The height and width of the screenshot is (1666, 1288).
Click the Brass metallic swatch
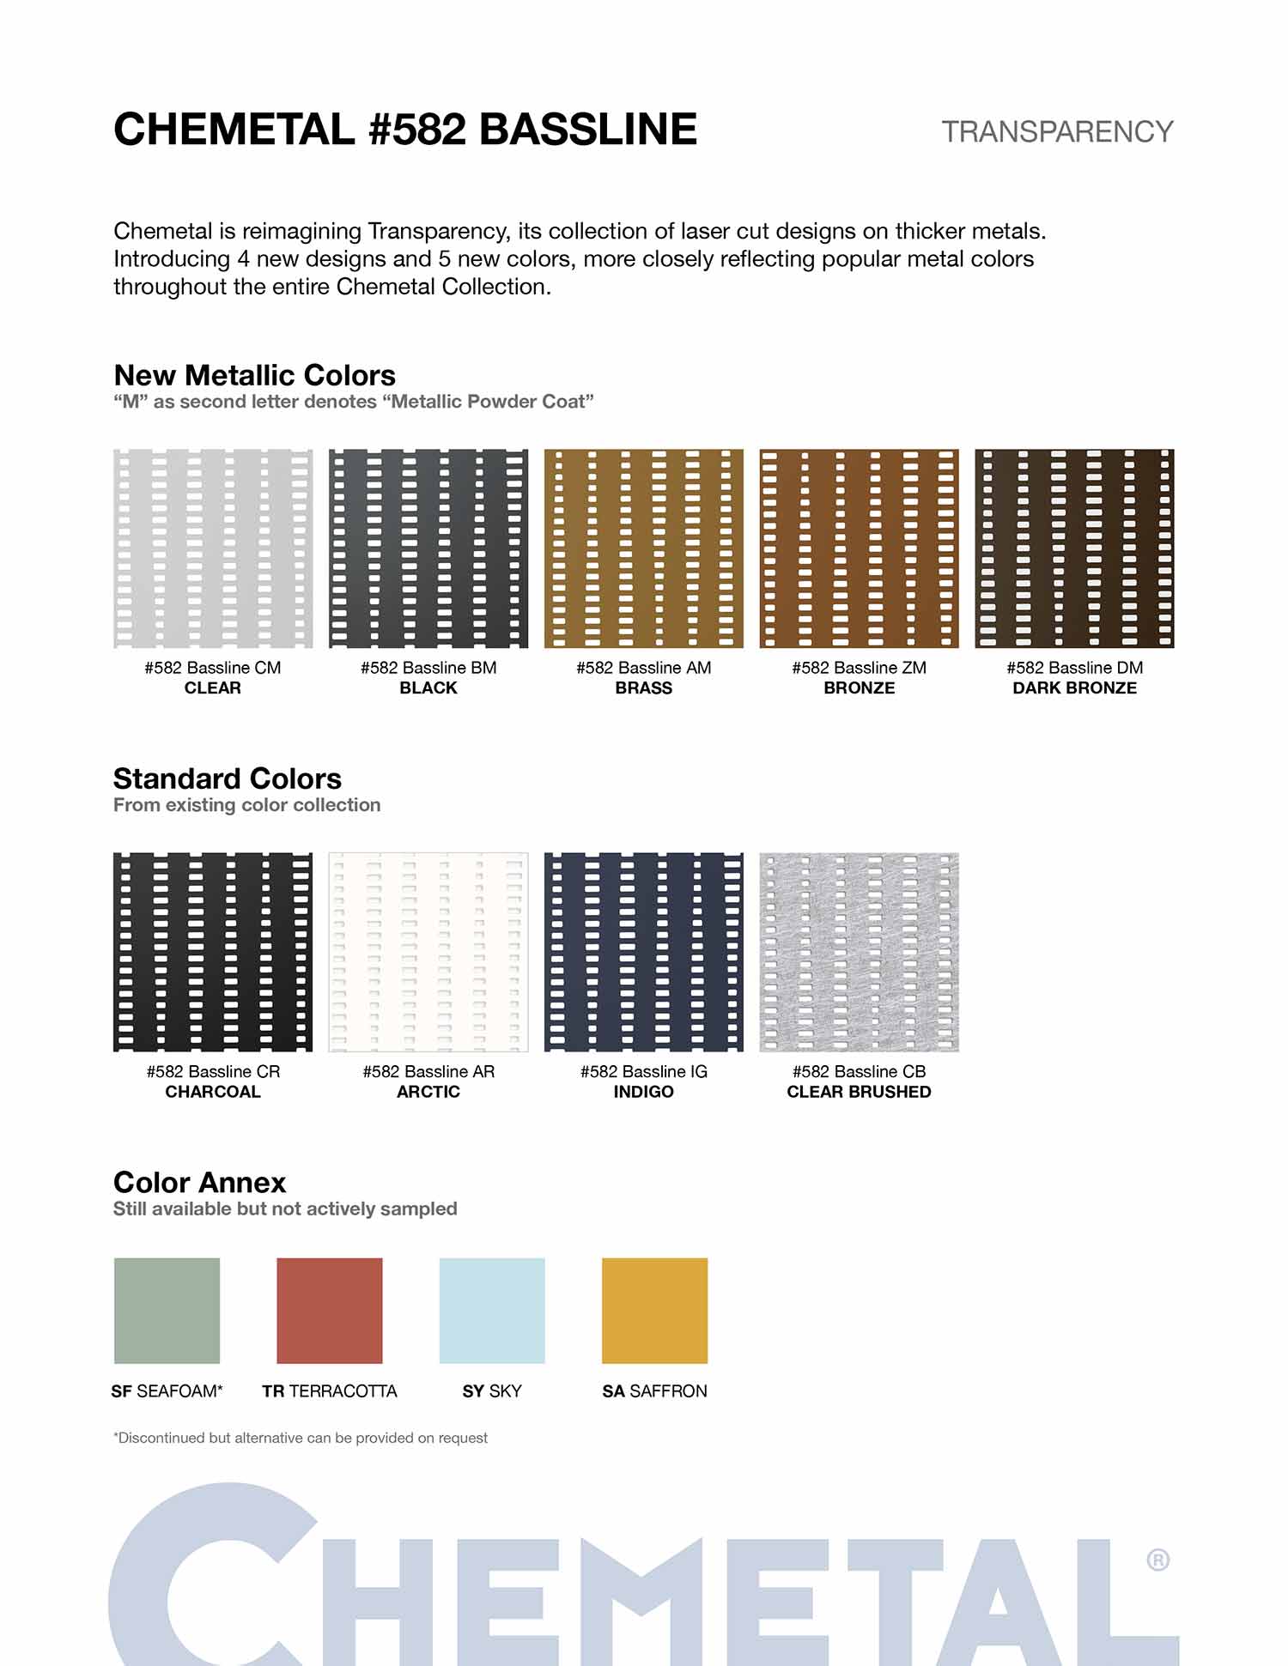[x=643, y=548]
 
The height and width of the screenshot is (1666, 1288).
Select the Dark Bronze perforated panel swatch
[x=1074, y=548]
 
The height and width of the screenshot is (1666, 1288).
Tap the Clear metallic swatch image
[x=213, y=548]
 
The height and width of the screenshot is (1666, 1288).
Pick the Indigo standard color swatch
[x=643, y=952]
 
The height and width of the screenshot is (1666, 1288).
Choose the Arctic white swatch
[x=428, y=952]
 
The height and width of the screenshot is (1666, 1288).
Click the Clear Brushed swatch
[x=859, y=952]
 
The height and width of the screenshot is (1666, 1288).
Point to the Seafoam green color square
[x=167, y=1311]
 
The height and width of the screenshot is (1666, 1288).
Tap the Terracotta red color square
[x=330, y=1311]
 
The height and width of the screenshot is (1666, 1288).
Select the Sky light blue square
[x=492, y=1311]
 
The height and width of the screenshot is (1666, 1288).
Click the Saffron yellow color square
[x=654, y=1311]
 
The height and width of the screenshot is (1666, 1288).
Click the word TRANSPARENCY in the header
[x=1057, y=132]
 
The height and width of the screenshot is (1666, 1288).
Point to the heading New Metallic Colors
[x=254, y=375]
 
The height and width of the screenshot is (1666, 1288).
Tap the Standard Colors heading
[x=228, y=778]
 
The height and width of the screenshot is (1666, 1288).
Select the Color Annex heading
[x=199, y=1182]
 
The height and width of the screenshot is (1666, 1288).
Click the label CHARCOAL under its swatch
[x=213, y=1092]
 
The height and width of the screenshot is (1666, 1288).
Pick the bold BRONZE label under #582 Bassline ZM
[x=859, y=688]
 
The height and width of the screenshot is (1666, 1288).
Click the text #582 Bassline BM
[x=428, y=668]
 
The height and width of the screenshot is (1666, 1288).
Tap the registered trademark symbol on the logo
[x=1157, y=1560]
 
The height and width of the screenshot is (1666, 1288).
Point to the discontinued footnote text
[x=301, y=1438]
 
